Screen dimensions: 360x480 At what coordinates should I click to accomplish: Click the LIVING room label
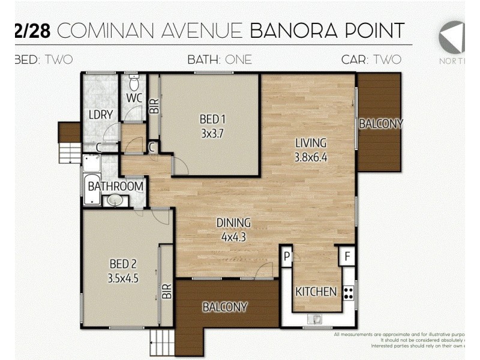click(310, 143)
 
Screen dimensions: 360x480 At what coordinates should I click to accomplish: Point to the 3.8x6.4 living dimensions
click(310, 158)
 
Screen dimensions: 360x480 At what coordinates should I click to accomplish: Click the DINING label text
click(233, 223)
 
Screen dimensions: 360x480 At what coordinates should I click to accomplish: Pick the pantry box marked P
click(286, 256)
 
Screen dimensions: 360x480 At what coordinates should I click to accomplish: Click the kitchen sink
click(311, 319)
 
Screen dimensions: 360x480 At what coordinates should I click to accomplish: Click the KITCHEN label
click(316, 292)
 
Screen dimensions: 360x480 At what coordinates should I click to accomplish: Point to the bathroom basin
click(112, 200)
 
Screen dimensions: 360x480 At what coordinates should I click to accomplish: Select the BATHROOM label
click(116, 186)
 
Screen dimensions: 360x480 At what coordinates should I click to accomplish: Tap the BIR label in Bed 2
click(167, 291)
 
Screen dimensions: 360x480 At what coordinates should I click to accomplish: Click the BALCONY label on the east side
click(380, 124)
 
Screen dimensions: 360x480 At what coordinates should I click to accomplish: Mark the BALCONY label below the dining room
click(224, 307)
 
